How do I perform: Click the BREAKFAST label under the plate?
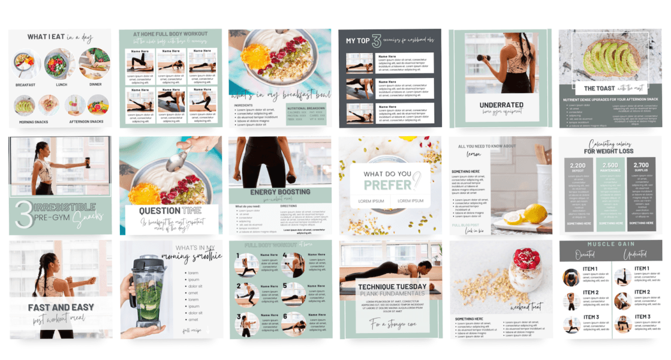click(x=26, y=85)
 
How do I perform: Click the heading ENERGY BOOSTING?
click(x=280, y=192)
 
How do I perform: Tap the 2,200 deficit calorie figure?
click(x=577, y=165)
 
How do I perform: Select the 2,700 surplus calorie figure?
click(x=641, y=165)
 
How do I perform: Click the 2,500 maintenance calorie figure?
click(x=609, y=165)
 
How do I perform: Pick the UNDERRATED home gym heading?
click(x=501, y=105)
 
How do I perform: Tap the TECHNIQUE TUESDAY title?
click(x=392, y=287)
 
